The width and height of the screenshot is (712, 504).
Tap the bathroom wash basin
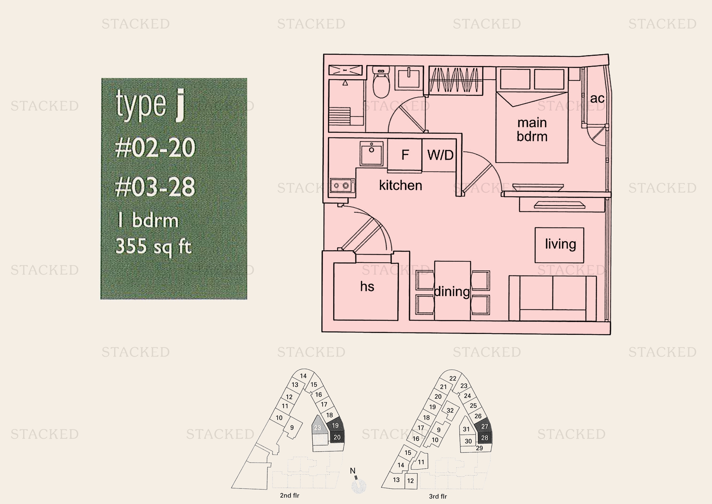[x=409, y=78]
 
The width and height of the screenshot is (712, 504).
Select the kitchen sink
[x=371, y=154]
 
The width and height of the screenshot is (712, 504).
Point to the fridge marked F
[x=405, y=154]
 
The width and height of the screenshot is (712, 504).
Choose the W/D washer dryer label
[x=440, y=155]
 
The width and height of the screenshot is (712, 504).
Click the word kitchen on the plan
[x=400, y=185]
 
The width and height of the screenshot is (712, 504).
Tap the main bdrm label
[x=532, y=130]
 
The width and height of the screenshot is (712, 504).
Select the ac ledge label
[x=597, y=99]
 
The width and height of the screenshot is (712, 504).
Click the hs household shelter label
[x=367, y=286]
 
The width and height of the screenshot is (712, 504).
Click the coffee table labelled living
[x=559, y=245]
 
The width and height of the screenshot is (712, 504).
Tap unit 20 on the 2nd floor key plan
[x=337, y=437]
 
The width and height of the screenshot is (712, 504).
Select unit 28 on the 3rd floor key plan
[x=484, y=438]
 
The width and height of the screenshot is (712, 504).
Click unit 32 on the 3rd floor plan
[x=450, y=410]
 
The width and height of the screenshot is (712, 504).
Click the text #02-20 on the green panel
[x=155, y=148]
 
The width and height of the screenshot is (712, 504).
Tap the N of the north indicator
[x=352, y=471]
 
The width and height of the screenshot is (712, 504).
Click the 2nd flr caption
[x=289, y=495]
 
